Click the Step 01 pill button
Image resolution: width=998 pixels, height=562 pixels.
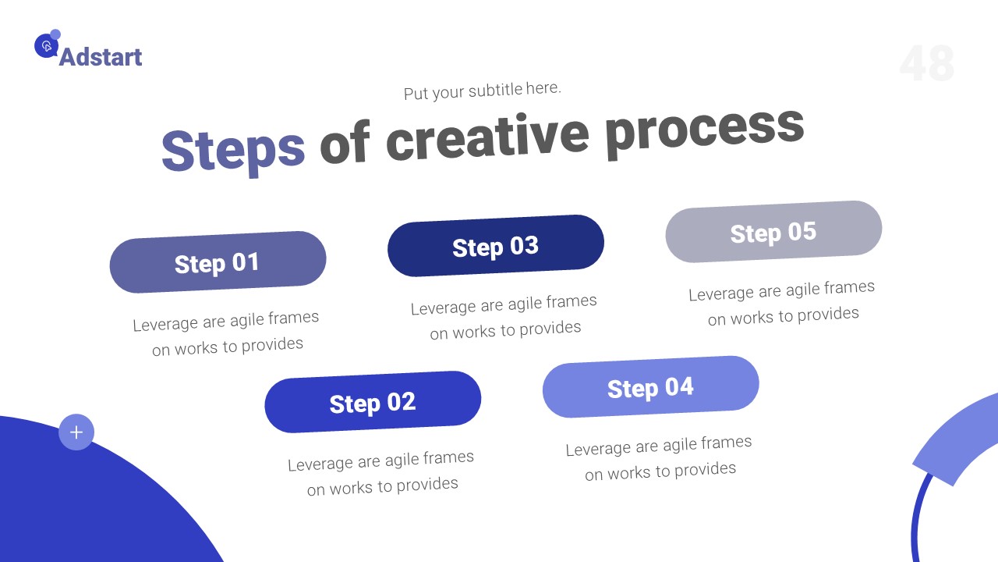click(x=218, y=262)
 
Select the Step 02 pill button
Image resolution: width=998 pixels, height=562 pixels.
click(x=373, y=402)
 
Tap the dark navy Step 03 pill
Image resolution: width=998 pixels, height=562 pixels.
click(x=496, y=246)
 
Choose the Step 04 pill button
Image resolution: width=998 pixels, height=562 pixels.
click(x=650, y=387)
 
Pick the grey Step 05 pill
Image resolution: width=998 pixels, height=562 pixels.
click(x=773, y=232)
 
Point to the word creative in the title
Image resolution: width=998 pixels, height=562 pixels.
click(x=487, y=134)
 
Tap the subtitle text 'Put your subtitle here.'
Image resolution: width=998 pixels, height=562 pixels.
click(x=482, y=91)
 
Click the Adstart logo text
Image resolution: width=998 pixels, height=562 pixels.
click(x=101, y=57)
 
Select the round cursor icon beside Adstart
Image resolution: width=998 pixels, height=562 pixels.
click(x=46, y=46)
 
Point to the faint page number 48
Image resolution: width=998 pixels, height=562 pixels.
click(x=926, y=64)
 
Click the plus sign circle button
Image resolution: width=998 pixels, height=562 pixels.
click(x=76, y=432)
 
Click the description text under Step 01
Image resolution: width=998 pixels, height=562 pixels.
click(x=227, y=333)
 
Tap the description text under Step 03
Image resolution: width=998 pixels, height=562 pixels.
click(x=504, y=316)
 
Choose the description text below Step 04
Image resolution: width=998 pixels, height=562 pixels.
click(x=660, y=457)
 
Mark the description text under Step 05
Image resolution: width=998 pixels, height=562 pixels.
click(x=782, y=302)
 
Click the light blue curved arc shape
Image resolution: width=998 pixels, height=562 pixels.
click(x=956, y=440)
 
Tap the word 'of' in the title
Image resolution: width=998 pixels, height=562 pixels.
click(x=344, y=144)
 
